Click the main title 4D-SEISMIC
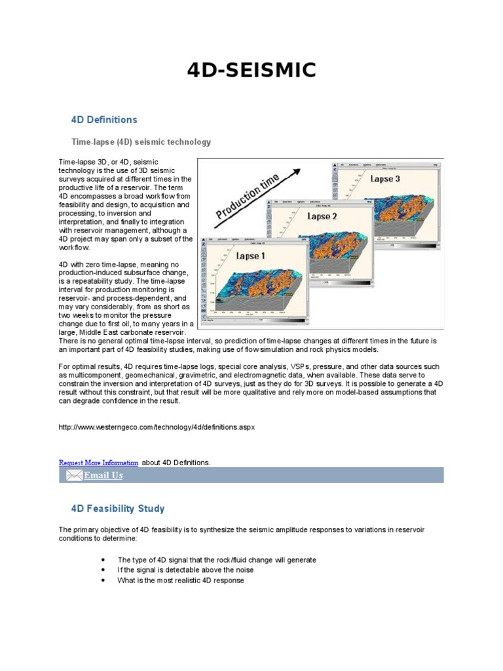pyautogui.click(x=251, y=69)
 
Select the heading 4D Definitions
pyautogui.click(x=104, y=120)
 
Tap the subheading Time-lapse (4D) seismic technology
pyautogui.click(x=141, y=142)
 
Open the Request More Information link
pyautogui.click(x=99, y=463)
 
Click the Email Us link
pyautogui.click(x=103, y=476)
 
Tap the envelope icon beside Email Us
pyautogui.click(x=74, y=476)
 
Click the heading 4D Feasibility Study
pyautogui.click(x=118, y=508)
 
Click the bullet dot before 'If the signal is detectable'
pyautogui.click(x=104, y=570)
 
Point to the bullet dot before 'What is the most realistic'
pyautogui.click(x=104, y=581)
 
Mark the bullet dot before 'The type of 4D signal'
pyautogui.click(x=104, y=560)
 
